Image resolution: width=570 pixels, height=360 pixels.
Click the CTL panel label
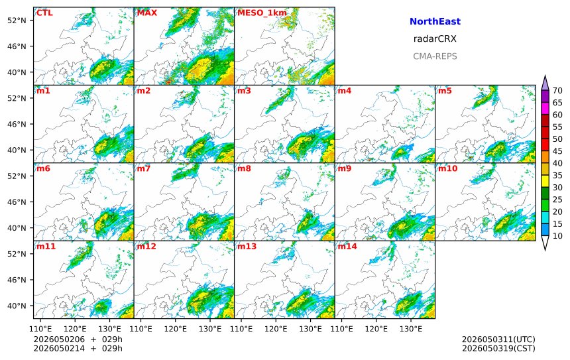pyautogui.click(x=44, y=13)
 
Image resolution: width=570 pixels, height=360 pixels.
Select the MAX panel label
pyautogui.click(x=147, y=13)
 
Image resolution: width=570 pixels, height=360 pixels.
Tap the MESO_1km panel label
pyautogui.click(x=262, y=13)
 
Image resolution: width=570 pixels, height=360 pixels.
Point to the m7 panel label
pyautogui.click(x=144, y=168)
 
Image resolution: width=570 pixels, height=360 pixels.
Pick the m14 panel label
pyautogui.click(x=347, y=247)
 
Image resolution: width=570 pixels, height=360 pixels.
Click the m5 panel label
pyautogui.click(x=445, y=91)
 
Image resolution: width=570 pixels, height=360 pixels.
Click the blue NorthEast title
pyautogui.click(x=435, y=21)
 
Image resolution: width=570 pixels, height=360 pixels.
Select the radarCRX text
pyautogui.click(x=435, y=39)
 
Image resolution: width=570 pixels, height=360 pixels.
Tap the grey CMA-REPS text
pyautogui.click(x=435, y=56)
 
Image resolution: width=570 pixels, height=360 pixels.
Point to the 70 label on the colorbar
pyautogui.click(x=557, y=91)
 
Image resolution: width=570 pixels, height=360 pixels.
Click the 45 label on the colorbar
pyautogui.click(x=557, y=151)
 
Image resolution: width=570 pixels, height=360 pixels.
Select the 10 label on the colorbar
pyautogui.click(x=557, y=236)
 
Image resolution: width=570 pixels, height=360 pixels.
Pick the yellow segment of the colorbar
pyautogui.click(x=545, y=181)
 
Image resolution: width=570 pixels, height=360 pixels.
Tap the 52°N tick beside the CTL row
pyautogui.click(x=17, y=21)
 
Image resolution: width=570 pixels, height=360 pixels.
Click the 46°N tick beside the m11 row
pyautogui.click(x=17, y=280)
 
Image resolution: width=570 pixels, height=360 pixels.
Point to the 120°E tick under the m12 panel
pyautogui.click(x=175, y=329)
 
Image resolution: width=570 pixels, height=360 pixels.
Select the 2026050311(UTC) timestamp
pyautogui.click(x=498, y=339)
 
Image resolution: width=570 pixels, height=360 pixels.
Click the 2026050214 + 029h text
pyautogui.click(x=78, y=348)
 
